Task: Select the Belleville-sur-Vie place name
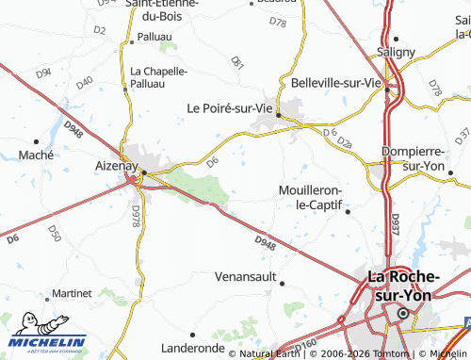pyautogui.click(x=335, y=82)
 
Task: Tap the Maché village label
pyautogui.click(x=36, y=154)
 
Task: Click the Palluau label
pyautogui.click(x=154, y=36)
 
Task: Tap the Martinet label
pyautogui.click(x=72, y=294)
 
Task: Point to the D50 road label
pyautogui.click(x=54, y=233)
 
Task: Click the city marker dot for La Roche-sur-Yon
pyautogui.click(x=404, y=313)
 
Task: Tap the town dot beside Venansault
pyautogui.click(x=281, y=283)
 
